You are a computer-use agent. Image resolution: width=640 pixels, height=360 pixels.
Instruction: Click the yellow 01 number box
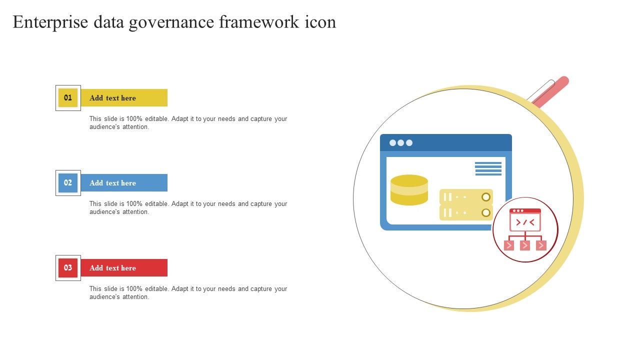(x=68, y=98)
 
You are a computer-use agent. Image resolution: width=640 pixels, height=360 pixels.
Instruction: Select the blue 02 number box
(x=68, y=183)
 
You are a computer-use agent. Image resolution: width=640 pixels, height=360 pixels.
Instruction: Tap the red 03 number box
(x=68, y=268)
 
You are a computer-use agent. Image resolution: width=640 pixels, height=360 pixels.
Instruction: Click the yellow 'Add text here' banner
(x=124, y=97)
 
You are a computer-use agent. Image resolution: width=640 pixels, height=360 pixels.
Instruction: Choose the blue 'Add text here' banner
(x=124, y=183)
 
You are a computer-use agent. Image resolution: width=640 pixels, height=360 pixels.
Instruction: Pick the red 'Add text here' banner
(x=124, y=267)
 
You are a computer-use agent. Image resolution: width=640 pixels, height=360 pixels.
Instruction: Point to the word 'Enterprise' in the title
(x=50, y=22)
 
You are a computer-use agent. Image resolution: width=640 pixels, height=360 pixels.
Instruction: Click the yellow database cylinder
(x=409, y=190)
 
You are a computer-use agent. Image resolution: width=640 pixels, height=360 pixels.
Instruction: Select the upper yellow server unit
(x=466, y=197)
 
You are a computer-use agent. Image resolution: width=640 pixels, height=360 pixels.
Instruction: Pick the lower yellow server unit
(x=466, y=212)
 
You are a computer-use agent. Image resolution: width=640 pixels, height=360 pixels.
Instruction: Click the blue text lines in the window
(x=488, y=168)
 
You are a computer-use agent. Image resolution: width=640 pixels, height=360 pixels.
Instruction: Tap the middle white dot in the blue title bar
(x=401, y=143)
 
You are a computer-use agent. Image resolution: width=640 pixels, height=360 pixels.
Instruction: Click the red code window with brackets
(x=525, y=220)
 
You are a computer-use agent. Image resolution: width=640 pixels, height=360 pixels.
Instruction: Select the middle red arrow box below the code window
(x=525, y=245)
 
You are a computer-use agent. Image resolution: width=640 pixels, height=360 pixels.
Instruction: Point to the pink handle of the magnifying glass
(x=551, y=92)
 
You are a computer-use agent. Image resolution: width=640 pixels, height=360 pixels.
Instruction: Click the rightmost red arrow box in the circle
(x=541, y=245)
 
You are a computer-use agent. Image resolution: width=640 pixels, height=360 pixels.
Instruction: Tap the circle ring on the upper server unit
(x=486, y=197)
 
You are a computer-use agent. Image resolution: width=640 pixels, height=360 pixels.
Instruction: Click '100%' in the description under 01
(x=134, y=119)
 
